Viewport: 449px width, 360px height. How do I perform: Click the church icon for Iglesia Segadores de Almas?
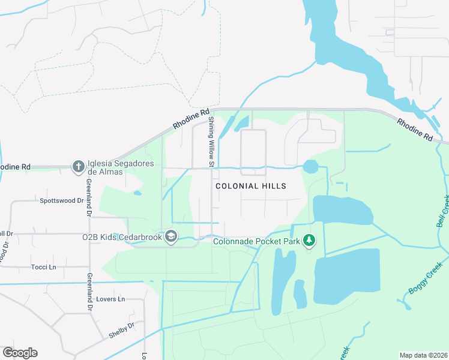point(78,166)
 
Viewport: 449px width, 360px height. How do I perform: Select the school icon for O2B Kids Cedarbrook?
point(171,237)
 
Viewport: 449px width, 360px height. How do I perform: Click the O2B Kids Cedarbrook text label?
point(122,237)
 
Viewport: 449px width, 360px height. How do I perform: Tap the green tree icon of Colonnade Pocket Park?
point(309,241)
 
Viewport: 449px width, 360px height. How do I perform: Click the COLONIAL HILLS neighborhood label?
point(250,187)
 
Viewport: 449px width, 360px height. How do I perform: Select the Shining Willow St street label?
point(211,142)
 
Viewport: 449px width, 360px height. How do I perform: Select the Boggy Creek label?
point(425,277)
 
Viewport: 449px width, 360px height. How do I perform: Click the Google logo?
point(20,353)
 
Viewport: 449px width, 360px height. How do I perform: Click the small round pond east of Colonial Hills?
point(311,166)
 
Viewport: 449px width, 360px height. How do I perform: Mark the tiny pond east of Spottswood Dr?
point(137,193)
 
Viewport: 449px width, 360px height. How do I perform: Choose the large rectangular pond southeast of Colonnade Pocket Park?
point(347,276)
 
